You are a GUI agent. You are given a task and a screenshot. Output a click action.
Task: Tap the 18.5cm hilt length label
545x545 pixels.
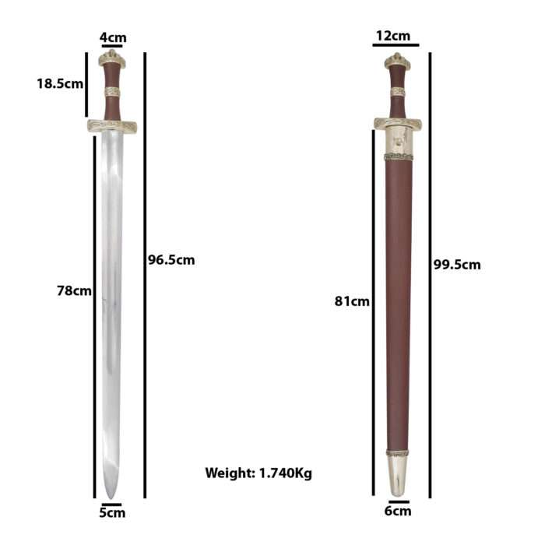(60, 83)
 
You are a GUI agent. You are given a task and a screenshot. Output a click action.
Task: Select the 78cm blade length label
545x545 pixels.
(74, 290)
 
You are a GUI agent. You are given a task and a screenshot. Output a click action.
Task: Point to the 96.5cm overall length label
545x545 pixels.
(171, 259)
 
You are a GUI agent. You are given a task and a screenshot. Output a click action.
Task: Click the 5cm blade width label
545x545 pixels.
(112, 512)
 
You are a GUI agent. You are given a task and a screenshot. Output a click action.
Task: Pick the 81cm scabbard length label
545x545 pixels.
(351, 301)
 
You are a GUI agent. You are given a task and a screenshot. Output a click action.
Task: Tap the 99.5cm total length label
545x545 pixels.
(457, 265)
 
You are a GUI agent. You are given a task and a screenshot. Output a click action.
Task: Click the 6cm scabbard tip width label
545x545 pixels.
(398, 511)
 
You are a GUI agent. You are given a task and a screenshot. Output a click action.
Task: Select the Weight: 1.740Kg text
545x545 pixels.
(258, 473)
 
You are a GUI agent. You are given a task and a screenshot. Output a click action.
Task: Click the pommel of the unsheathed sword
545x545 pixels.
(112, 58)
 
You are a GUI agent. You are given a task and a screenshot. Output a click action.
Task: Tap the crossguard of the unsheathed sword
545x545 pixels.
(112, 126)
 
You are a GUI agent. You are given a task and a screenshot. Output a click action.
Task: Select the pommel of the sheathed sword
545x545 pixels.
(398, 61)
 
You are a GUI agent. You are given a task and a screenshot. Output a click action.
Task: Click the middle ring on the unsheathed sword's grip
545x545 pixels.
(112, 93)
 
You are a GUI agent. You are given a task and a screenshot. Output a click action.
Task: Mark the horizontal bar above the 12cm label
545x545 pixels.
(396, 45)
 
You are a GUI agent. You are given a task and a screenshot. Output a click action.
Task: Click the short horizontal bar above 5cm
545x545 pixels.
(111, 504)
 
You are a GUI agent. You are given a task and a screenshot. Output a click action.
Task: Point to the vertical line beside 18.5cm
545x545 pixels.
(86, 83)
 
